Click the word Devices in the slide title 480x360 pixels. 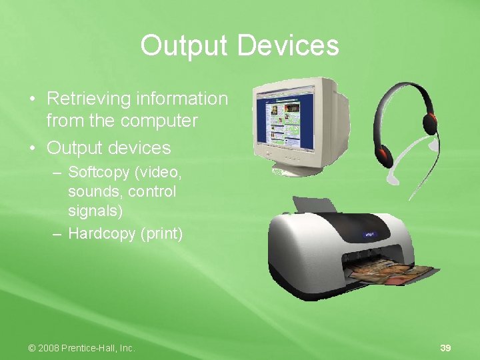(x=288, y=46)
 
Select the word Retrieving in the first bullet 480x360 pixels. (x=89, y=99)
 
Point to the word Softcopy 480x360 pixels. (x=99, y=173)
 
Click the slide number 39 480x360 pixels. (x=445, y=348)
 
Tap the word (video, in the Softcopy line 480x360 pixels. (x=157, y=173)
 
